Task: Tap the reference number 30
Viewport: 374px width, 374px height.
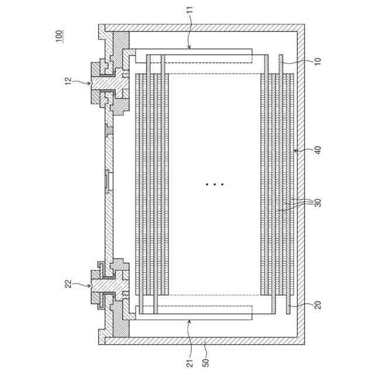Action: click(317, 203)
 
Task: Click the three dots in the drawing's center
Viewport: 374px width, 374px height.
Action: click(214, 184)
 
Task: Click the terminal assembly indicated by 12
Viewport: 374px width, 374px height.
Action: click(108, 84)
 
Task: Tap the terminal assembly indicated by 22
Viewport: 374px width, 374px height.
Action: click(108, 285)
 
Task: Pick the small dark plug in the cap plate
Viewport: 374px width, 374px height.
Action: click(108, 128)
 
